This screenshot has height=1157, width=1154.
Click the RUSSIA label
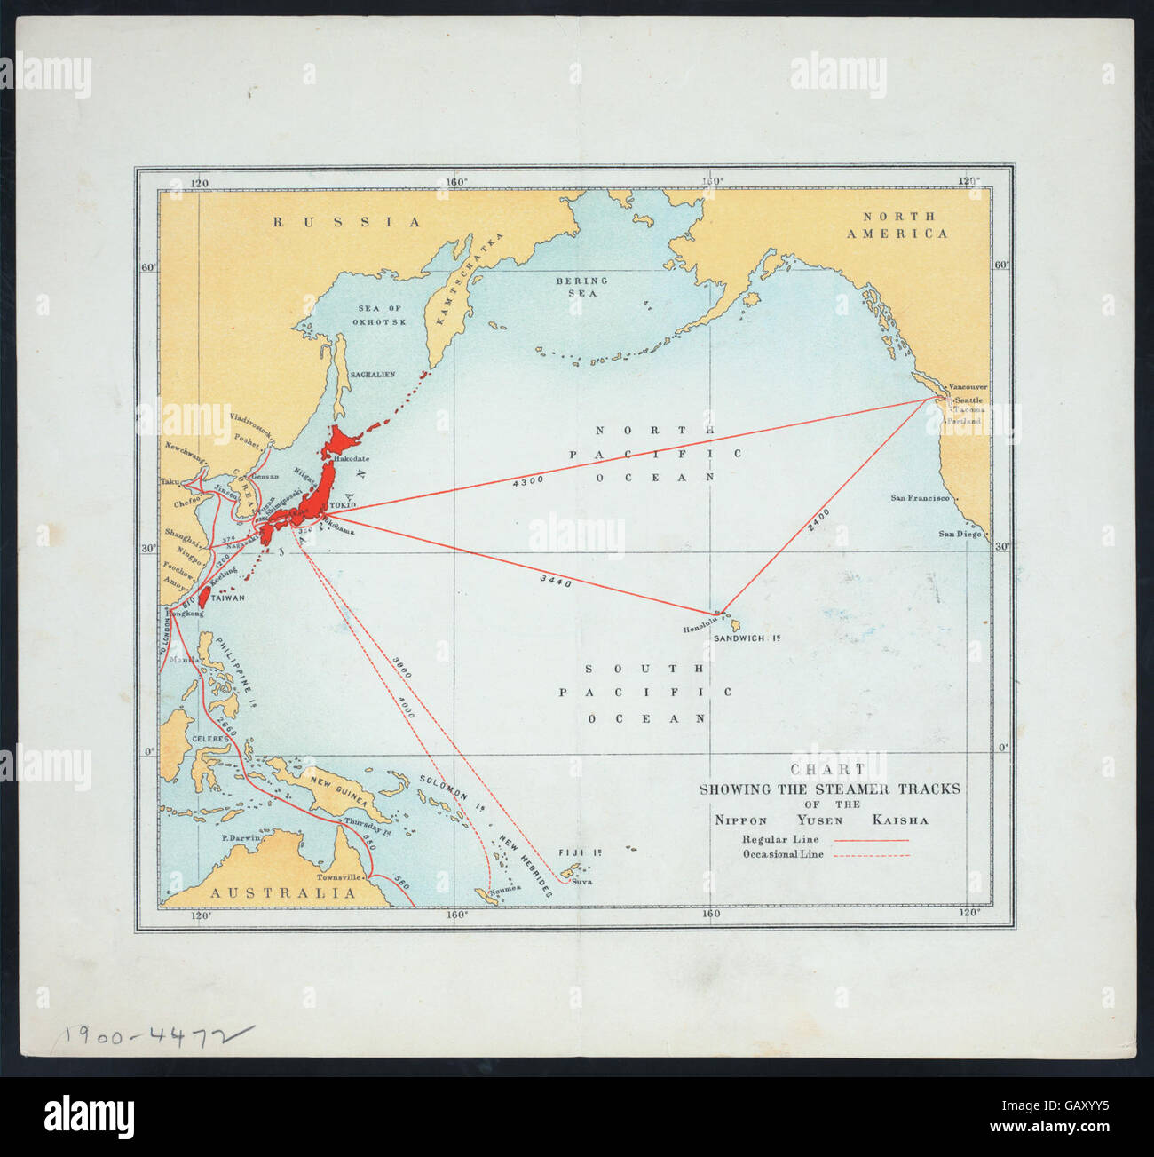(346, 222)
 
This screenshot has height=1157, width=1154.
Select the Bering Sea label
(577, 286)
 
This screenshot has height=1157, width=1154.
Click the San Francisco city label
(920, 498)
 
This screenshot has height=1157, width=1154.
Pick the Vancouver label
(968, 387)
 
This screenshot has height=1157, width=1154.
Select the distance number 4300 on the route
(527, 480)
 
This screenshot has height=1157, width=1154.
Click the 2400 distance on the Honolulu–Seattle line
(818, 519)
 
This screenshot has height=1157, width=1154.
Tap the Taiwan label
(228, 598)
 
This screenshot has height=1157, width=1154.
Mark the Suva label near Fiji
(581, 882)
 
